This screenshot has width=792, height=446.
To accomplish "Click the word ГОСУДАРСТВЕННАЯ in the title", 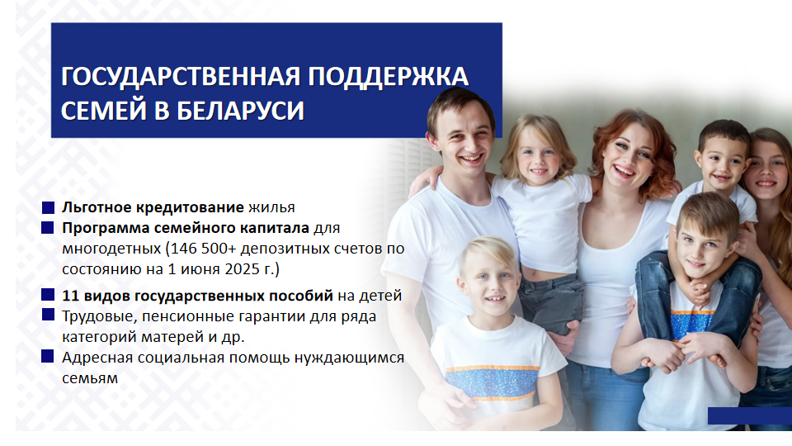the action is (x=181, y=77).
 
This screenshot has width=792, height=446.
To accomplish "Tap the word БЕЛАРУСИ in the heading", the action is (x=240, y=111).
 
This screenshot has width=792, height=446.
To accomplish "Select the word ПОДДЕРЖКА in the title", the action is (x=388, y=77).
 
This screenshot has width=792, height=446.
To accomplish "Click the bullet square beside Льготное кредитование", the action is (x=48, y=207).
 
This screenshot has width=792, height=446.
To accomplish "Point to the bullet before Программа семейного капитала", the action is (x=48, y=228).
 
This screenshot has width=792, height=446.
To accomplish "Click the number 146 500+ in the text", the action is (x=204, y=249).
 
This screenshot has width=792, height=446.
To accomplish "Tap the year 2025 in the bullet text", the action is (x=242, y=269).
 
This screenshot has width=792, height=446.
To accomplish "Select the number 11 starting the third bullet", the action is (x=69, y=296).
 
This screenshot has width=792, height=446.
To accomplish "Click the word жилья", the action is (x=271, y=208).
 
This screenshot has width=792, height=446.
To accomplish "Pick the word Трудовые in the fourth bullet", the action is (x=100, y=316).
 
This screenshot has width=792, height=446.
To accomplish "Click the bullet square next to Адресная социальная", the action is (x=48, y=357).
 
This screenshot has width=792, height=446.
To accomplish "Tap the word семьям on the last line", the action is (x=90, y=378).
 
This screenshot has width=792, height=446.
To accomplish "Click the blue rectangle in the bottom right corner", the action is (x=750, y=415).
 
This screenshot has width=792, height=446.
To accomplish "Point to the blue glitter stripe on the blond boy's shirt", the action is (x=492, y=382).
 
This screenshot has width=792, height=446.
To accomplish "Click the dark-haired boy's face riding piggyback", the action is (x=721, y=163).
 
